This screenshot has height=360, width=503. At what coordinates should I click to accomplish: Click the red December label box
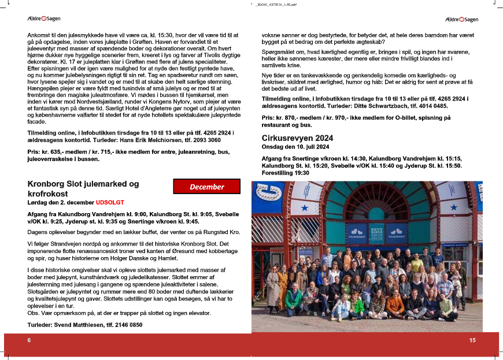[206, 187]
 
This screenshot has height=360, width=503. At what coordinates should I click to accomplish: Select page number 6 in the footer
[29, 340]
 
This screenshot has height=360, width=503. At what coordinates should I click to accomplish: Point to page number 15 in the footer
[472, 340]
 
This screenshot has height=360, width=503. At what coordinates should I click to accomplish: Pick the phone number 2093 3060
[206, 140]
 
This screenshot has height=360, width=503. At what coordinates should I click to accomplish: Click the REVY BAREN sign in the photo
[376, 231]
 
